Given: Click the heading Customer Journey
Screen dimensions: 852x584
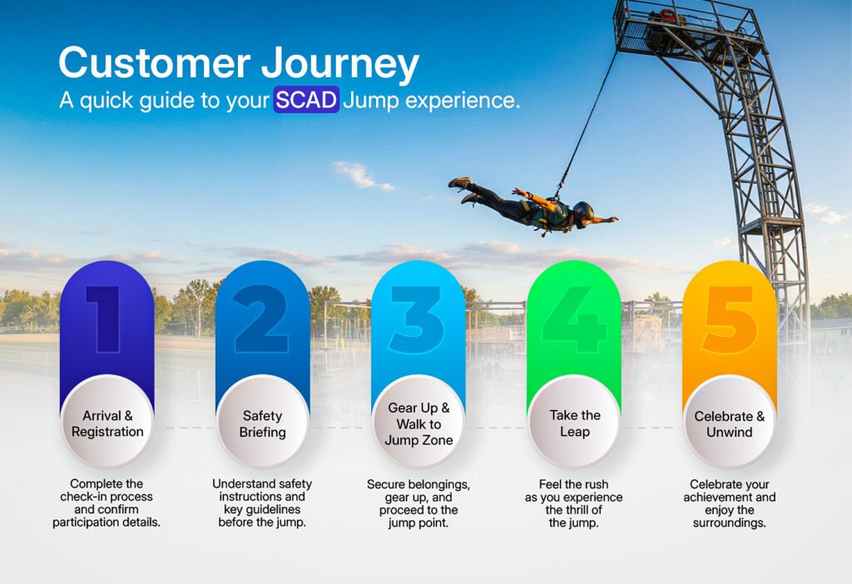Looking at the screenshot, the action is coord(239,64).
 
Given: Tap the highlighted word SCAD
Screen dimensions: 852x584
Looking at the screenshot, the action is coord(306,100).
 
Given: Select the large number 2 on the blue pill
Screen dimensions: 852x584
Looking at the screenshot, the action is coord(261,319).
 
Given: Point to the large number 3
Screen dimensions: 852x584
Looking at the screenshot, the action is coord(418,319).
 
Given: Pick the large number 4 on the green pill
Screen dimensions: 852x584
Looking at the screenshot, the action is coord(574,319).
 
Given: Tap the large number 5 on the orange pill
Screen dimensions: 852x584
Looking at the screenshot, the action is coord(730,319).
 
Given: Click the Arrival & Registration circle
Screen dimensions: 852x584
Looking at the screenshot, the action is coord(107,423).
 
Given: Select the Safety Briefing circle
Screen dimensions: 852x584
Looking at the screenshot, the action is coord(262,423).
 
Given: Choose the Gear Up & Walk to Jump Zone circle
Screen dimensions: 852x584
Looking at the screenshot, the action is coord(419,423).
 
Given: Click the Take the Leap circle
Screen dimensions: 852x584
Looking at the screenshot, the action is coord(574,423).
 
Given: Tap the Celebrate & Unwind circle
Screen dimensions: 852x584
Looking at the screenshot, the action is coord(730,423).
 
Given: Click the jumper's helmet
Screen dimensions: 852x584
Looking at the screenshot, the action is coord(583,214).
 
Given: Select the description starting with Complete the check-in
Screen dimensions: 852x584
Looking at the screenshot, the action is coord(106,503).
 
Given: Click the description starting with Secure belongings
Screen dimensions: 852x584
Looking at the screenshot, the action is coord(419,503).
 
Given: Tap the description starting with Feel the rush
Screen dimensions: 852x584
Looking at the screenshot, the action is coord(574,503).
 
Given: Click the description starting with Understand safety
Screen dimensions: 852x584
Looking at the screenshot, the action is coord(262,503).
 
